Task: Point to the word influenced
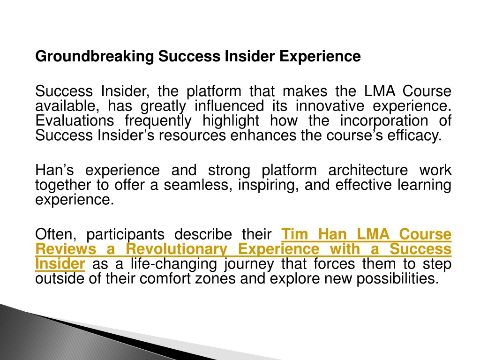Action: [229, 106]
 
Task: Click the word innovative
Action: [330, 106]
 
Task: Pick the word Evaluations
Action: [75, 120]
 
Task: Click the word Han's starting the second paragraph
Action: [54, 170]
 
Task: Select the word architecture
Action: [368, 170]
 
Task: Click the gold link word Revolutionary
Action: [177, 249]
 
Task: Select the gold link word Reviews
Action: [66, 249]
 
